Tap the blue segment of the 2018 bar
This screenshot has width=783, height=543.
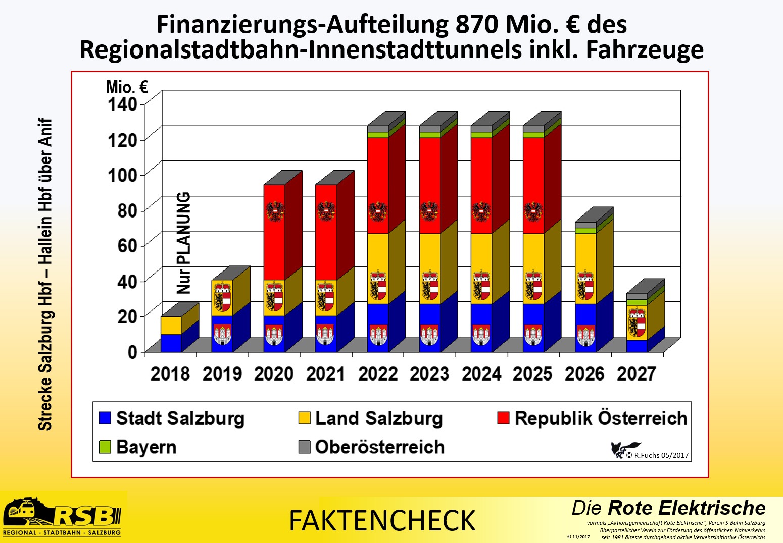point(171,343)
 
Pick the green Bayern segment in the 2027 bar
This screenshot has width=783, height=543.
point(637,302)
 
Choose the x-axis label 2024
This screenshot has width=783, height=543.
point(481,374)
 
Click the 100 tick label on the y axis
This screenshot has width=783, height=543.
point(122,175)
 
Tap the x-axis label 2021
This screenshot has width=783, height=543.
point(326,374)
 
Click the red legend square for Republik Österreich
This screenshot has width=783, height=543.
point(503,418)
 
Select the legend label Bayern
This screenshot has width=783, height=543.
point(146,447)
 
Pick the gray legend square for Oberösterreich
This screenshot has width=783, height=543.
point(304,447)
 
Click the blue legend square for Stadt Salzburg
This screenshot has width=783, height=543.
point(105,418)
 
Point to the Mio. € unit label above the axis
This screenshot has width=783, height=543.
point(127,87)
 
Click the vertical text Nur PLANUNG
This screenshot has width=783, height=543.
point(184,243)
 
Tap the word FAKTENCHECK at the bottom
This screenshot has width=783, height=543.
point(382,521)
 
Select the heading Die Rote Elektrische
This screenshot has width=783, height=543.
point(668,508)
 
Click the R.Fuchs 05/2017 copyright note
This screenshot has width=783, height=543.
point(657,455)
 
